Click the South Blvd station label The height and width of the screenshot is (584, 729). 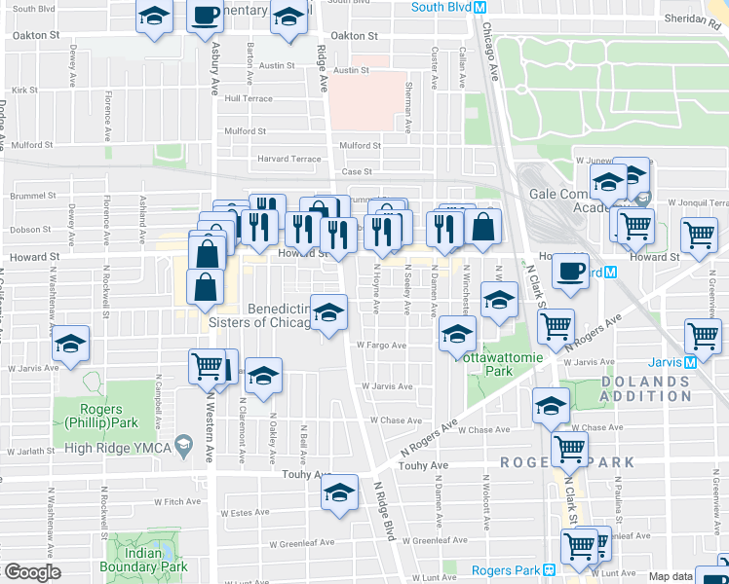(x=441, y=7)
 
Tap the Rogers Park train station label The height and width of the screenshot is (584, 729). (x=506, y=570)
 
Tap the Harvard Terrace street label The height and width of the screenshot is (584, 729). (x=288, y=159)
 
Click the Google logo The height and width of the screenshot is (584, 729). (x=32, y=571)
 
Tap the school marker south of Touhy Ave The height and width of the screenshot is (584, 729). (x=340, y=492)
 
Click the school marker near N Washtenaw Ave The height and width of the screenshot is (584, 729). (x=70, y=347)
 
